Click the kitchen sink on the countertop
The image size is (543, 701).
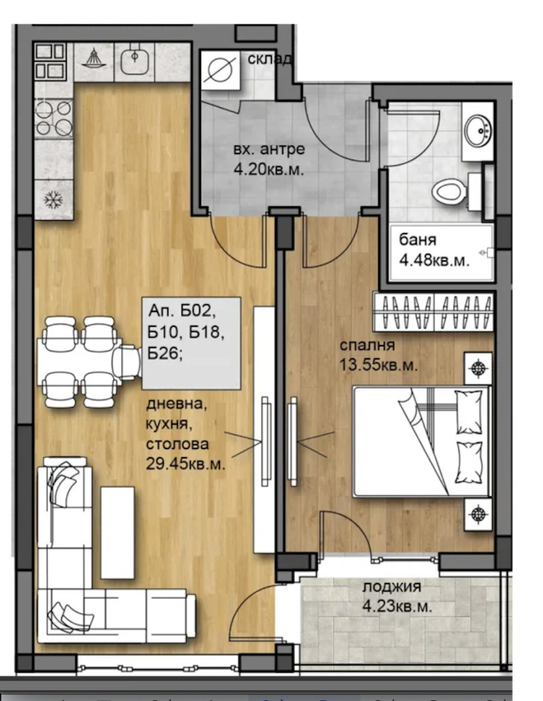pyautogui.click(x=134, y=60)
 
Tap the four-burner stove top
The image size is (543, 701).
pyautogui.click(x=54, y=118)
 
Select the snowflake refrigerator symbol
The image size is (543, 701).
pyautogui.click(x=53, y=200)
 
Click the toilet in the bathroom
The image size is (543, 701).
pyautogui.click(x=449, y=190)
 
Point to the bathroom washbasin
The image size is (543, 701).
pyautogui.click(x=478, y=130)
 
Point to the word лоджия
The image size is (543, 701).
pyautogui.click(x=392, y=587)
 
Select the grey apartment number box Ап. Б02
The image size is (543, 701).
pyautogui.click(x=191, y=343)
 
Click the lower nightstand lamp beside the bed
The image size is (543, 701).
pyautogui.click(x=479, y=513)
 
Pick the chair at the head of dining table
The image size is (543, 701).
pyautogui.click(x=127, y=361)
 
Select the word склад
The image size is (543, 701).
pyautogui.click(x=270, y=59)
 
